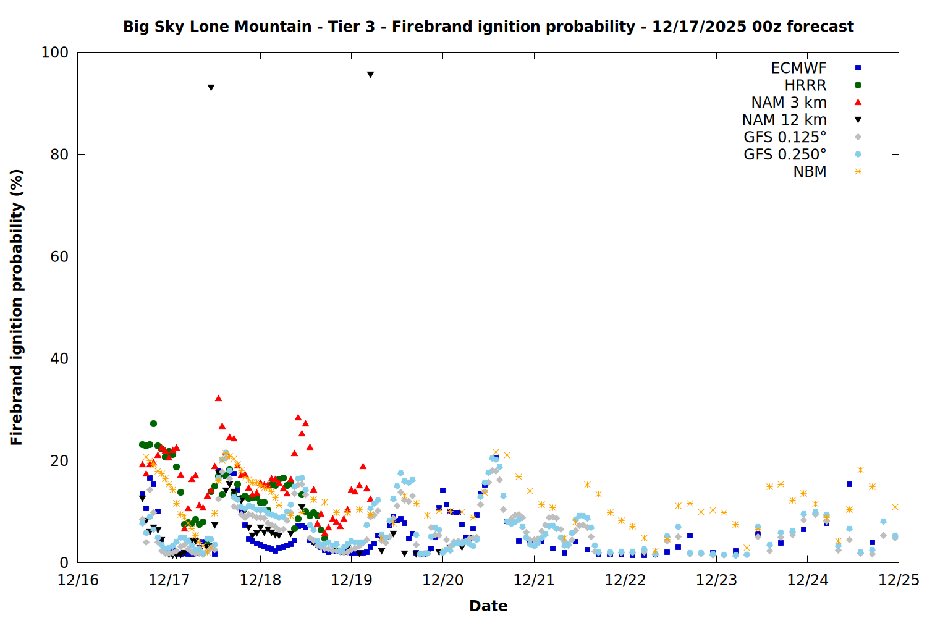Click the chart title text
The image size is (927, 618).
click(x=488, y=27)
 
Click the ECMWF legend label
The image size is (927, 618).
click(x=798, y=68)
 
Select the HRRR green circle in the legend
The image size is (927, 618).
click(x=858, y=85)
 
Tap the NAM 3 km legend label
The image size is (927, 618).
click(x=789, y=103)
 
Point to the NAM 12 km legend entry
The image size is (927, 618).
click(x=784, y=120)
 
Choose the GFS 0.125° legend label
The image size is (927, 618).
click(x=785, y=137)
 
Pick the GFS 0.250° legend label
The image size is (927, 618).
click(x=785, y=154)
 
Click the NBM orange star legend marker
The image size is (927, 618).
click(x=858, y=172)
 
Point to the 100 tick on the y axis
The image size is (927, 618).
click(x=55, y=53)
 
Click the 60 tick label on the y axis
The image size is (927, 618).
click(x=59, y=256)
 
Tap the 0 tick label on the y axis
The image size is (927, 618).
click(x=64, y=562)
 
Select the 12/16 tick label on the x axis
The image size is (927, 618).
click(x=78, y=580)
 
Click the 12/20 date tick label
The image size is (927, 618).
click(x=442, y=580)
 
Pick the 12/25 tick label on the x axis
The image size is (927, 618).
click(x=899, y=580)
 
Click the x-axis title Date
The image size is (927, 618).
click(x=488, y=606)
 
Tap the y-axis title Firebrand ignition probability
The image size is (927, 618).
click(x=17, y=307)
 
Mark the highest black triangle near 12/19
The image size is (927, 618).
click(x=370, y=75)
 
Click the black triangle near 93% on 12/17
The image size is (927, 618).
click(x=211, y=88)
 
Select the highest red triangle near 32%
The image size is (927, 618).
click(x=218, y=398)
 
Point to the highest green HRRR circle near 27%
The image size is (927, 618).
click(x=153, y=423)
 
